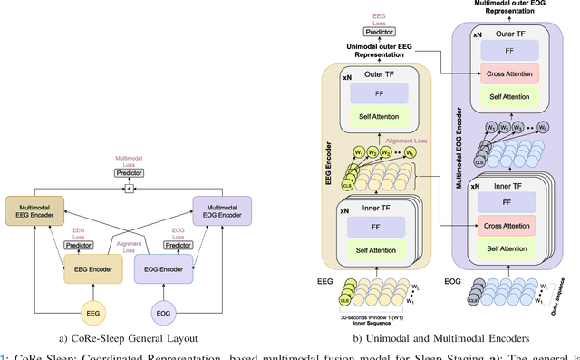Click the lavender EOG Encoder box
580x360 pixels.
(x=164, y=268)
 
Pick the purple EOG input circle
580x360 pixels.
(x=164, y=314)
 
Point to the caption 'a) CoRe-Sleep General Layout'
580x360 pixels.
(x=128, y=338)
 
